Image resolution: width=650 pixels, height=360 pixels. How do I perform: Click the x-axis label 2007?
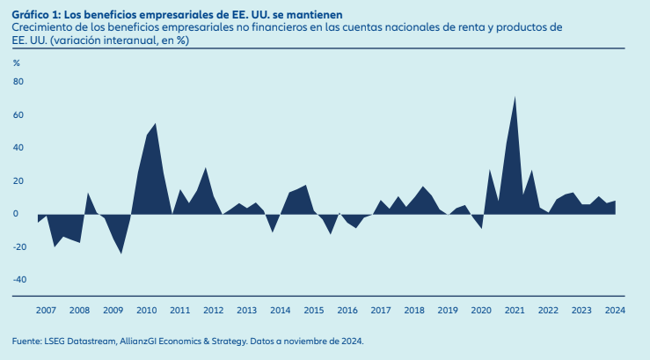pyautogui.click(x=46, y=311)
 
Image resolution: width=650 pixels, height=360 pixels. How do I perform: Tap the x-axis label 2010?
pyautogui.click(x=146, y=311)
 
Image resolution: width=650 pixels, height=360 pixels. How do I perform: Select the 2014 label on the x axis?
pyautogui.click(x=281, y=311)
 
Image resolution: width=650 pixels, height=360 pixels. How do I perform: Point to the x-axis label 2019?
pyautogui.click(x=448, y=311)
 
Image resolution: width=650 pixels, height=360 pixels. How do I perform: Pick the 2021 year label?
pyautogui.click(x=515, y=311)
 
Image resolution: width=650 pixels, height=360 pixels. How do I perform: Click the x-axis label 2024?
pyautogui.click(x=615, y=311)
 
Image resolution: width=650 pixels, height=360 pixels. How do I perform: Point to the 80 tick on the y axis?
pyautogui.click(x=17, y=82)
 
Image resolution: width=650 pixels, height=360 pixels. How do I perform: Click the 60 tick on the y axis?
pyautogui.click(x=17, y=115)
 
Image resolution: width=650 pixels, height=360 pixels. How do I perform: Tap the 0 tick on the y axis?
pyautogui.click(x=15, y=214)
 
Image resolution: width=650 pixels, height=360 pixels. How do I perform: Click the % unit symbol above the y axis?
pyautogui.click(x=16, y=62)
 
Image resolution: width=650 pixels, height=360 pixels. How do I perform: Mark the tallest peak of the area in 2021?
pyautogui.click(x=515, y=97)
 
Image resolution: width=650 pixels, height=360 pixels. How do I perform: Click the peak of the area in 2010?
pyautogui.click(x=156, y=124)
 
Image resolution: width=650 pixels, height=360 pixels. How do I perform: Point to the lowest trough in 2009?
pyautogui.click(x=121, y=253)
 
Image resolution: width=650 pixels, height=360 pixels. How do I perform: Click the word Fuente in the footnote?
pyautogui.click(x=26, y=342)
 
